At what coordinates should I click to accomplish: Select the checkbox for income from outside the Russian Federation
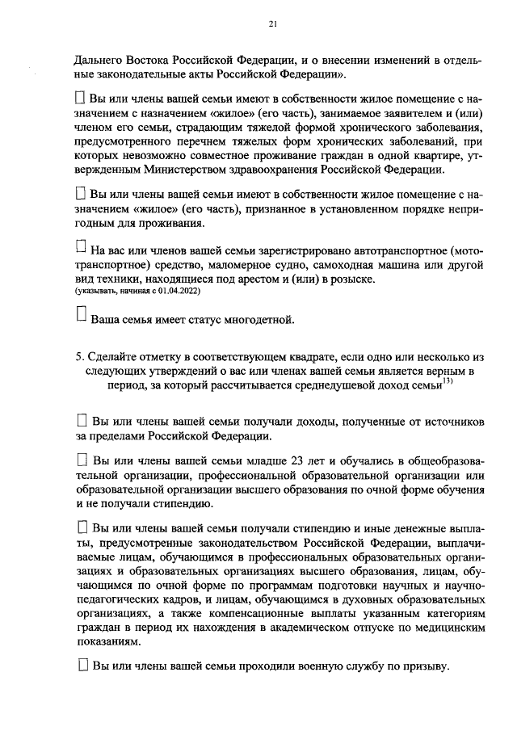pos(82,420)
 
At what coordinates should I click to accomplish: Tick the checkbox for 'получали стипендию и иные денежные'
pos(82,527)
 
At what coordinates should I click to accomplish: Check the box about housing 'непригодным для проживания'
pos(80,194)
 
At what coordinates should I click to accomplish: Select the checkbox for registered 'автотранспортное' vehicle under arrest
pos(80,246)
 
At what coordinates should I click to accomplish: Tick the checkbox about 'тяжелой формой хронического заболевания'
pos(80,97)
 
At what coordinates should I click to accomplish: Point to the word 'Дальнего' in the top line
pos(99,61)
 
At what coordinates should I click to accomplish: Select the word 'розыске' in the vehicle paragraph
pos(352,278)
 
